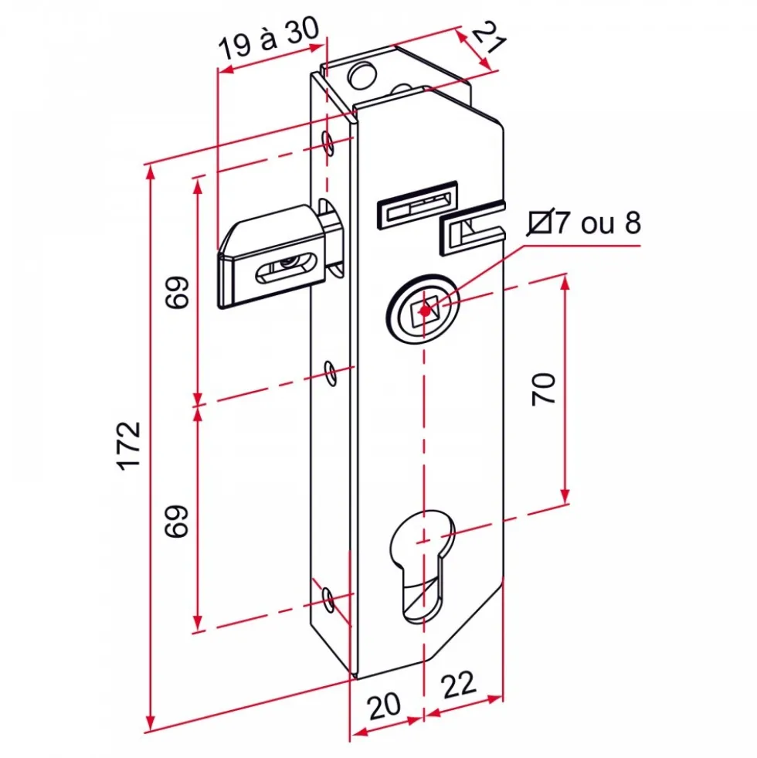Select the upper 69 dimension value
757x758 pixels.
coord(177,292)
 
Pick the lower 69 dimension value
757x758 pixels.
coord(177,521)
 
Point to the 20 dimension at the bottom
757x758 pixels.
coord(385,705)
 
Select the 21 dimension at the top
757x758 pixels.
coord(489,36)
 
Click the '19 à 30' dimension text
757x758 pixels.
coord(269,38)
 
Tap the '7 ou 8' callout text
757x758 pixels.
coord(598,223)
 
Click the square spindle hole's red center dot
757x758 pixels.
coord(425,311)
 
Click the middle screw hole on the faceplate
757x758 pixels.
coord(331,372)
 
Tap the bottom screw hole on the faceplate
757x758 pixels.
coord(329,600)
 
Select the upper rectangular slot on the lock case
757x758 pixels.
coord(416,205)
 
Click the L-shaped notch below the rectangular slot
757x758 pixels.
coord(472,228)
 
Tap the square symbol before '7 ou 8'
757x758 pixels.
coord(540,223)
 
